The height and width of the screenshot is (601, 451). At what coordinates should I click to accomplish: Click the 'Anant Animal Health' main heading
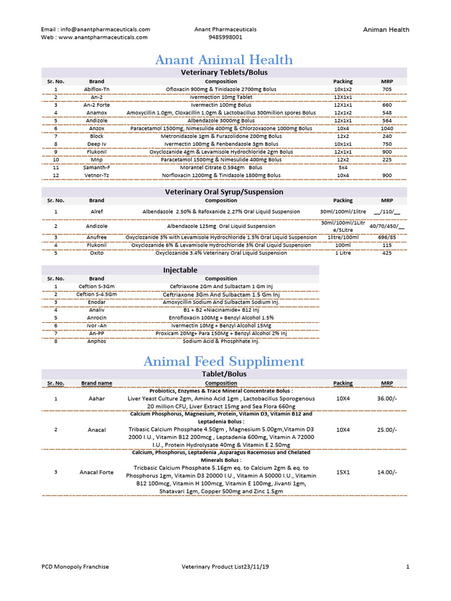(x=224, y=60)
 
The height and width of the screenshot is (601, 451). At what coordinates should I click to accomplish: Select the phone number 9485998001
(x=225, y=37)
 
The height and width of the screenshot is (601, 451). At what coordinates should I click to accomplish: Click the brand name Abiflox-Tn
(x=96, y=89)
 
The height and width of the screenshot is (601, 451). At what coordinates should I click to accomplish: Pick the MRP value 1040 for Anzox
(x=386, y=128)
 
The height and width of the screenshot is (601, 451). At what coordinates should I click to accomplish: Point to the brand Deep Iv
(x=96, y=144)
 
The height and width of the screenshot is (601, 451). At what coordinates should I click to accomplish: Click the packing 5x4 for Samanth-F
(x=343, y=167)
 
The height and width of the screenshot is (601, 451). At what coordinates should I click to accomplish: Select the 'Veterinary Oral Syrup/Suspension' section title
(x=224, y=192)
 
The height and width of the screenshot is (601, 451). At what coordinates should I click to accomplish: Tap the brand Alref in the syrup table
(x=96, y=212)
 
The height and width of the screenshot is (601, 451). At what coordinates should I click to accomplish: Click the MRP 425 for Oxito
(x=386, y=253)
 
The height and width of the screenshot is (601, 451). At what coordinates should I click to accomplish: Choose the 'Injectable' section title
(x=180, y=270)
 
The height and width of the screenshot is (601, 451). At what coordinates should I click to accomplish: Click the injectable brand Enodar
(x=96, y=302)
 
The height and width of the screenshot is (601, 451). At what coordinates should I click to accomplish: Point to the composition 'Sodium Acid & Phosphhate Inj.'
(x=221, y=341)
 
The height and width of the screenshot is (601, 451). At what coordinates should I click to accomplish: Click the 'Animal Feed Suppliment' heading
(x=224, y=362)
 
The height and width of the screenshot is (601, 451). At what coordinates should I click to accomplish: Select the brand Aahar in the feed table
(x=96, y=399)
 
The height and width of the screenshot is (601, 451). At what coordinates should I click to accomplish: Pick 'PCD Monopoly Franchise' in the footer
(x=75, y=566)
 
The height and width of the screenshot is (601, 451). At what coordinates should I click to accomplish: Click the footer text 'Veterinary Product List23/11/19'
(x=225, y=566)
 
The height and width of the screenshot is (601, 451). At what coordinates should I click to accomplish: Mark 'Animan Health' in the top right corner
(x=386, y=30)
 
